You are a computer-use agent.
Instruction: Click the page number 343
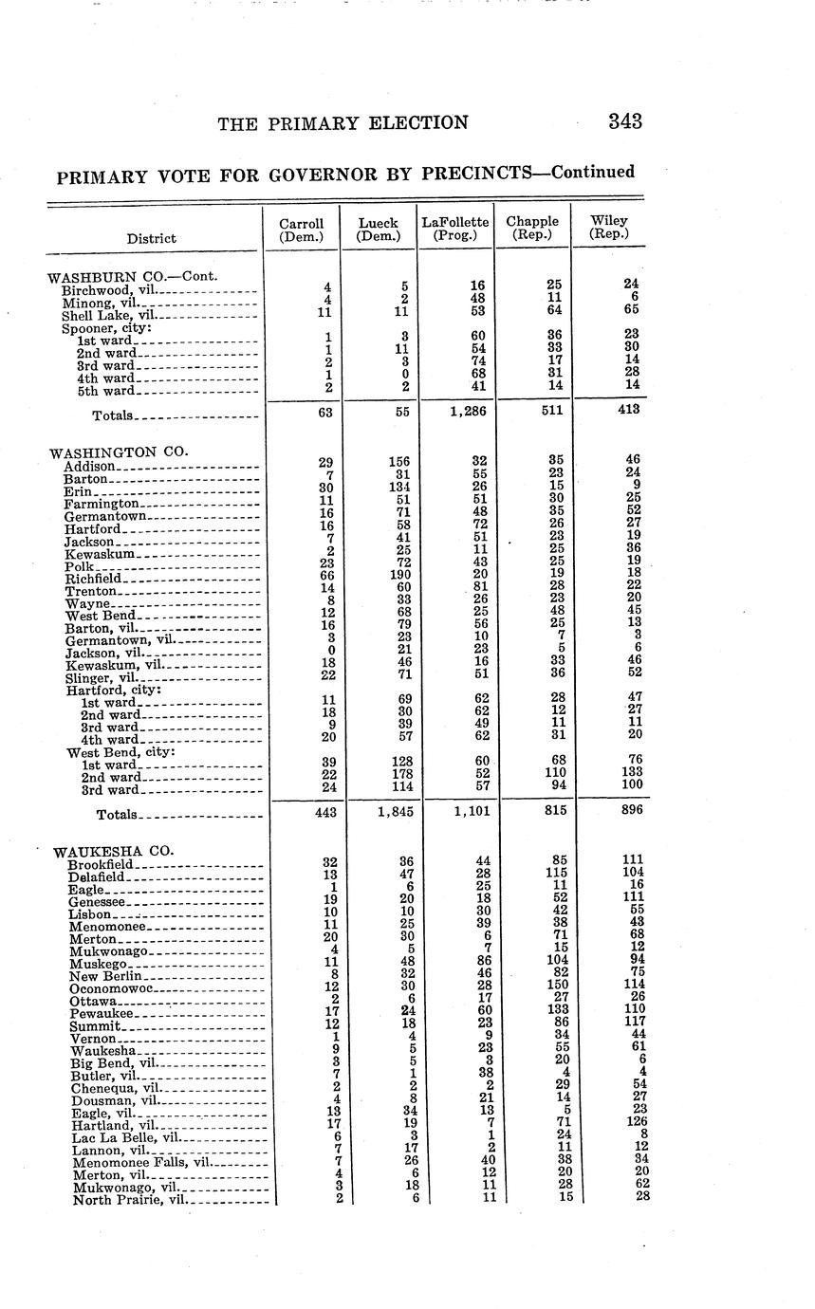click(x=625, y=121)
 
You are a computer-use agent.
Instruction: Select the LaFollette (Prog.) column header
click(x=455, y=228)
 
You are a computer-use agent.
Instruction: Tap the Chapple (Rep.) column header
click(x=532, y=228)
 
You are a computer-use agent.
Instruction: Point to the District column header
click(x=151, y=238)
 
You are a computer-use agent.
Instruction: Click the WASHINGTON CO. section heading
click(x=119, y=452)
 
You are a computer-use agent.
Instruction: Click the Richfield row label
click(x=93, y=579)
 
